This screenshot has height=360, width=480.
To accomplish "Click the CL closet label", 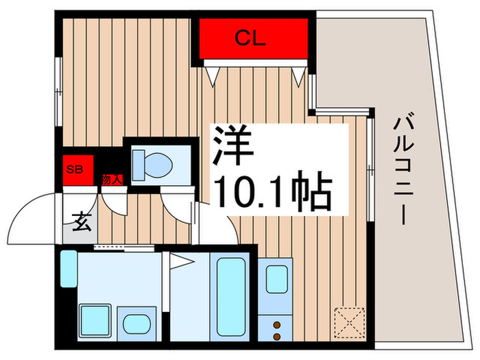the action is [250, 38].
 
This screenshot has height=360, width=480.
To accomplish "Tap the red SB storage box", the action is [78, 170].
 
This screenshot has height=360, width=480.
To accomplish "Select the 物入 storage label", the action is [112, 180].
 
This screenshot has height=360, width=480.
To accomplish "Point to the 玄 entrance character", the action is [82, 222].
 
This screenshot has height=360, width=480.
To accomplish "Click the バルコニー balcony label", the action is [404, 169].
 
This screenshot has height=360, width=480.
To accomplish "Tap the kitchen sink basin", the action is [277, 279].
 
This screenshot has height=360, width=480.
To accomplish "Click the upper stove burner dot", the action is [277, 325].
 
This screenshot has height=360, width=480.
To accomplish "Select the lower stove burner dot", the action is [277, 337].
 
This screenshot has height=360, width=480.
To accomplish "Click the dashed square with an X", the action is [350, 323].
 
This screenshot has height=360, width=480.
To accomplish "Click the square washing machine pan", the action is [95, 320].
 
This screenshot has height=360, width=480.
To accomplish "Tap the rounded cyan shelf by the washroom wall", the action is [69, 269].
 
